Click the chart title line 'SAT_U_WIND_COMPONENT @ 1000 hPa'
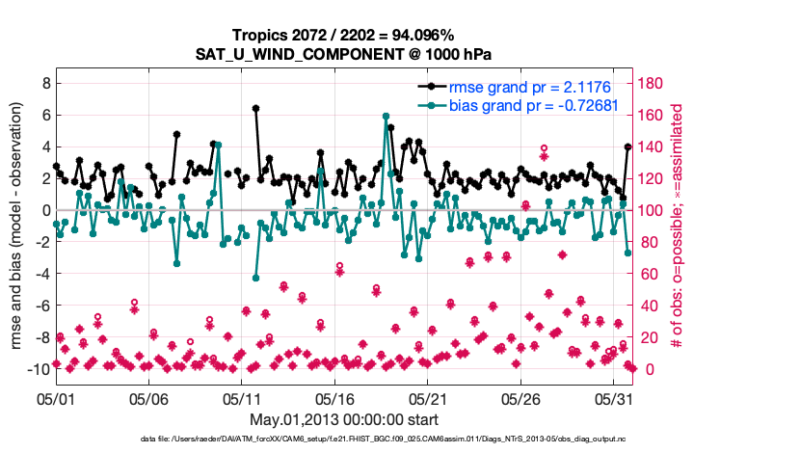pyautogui.click(x=344, y=52)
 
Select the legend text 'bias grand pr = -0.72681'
pyautogui.click(x=533, y=105)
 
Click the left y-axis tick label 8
pyautogui.click(x=45, y=84)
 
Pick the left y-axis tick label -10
pyautogui.click(x=39, y=369)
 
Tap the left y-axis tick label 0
pyautogui.click(x=45, y=210)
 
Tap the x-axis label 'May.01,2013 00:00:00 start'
pyautogui.click(x=344, y=418)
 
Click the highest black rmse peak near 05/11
pyautogui.click(x=255, y=109)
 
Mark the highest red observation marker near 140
pyautogui.click(x=545, y=147)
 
